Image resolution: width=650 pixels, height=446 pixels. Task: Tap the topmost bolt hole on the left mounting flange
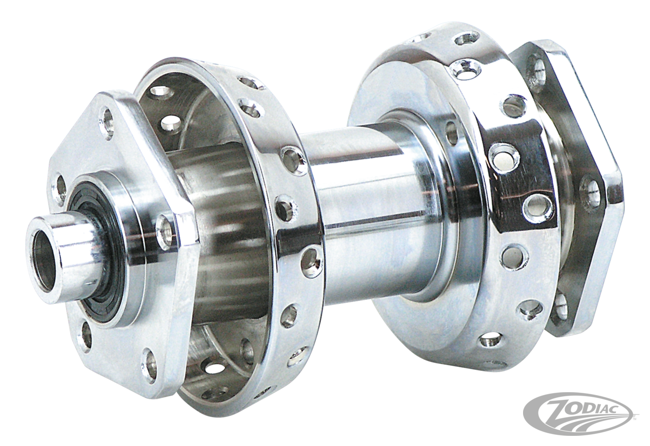[x=107, y=122]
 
